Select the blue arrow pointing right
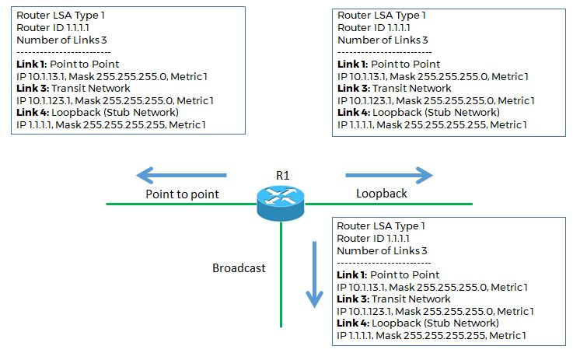388,175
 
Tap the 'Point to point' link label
182,194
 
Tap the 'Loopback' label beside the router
380,194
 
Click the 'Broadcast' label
239,268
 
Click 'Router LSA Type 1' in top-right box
381,16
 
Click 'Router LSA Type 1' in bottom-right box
381,226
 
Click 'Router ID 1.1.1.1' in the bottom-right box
373,239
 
